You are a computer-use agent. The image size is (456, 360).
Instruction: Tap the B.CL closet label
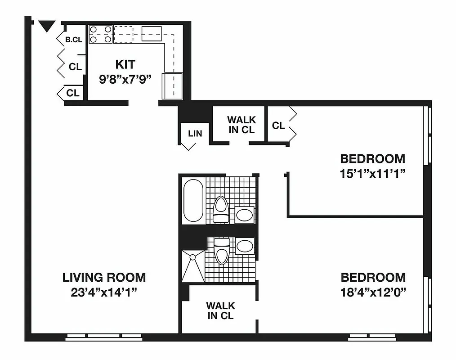coord(74,40)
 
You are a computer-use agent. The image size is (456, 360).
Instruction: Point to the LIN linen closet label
coord(195,133)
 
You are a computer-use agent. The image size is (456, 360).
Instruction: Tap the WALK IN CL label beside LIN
coord(241,125)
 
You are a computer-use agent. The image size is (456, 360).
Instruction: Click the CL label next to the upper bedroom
coord(278,126)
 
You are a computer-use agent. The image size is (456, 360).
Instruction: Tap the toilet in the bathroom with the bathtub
coord(220,209)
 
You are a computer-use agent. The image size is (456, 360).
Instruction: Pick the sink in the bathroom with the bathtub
coord(245,215)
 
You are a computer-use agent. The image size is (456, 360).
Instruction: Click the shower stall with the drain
coord(193,266)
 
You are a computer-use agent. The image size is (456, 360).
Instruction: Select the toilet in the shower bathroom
coord(221,252)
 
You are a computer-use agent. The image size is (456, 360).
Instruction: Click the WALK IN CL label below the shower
coord(220,310)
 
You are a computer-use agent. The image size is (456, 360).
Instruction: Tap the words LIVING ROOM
coord(104,277)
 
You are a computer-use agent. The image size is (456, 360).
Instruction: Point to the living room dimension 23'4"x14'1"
coord(104,292)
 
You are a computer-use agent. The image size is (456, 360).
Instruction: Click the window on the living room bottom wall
coord(103,336)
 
